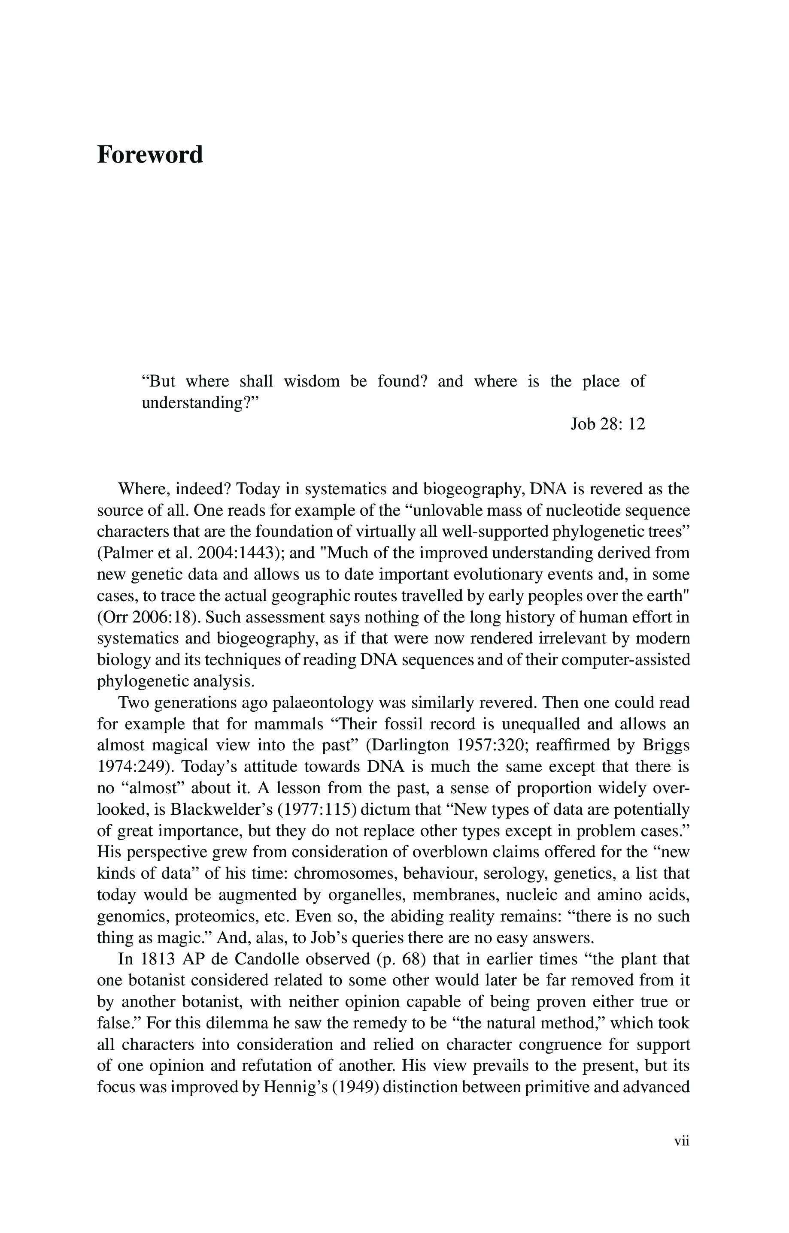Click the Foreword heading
tap(150, 154)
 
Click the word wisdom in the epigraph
tap(312, 381)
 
